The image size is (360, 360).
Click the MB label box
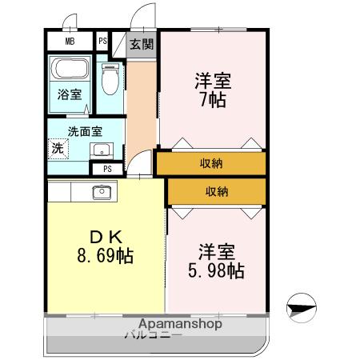point(70,42)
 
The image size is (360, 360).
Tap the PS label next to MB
point(103,42)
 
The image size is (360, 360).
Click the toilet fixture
point(110,80)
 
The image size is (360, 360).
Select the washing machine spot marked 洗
point(58,148)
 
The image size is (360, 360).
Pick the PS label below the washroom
point(107,168)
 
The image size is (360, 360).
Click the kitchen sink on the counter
point(102,191)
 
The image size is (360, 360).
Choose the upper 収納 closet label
point(211,162)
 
